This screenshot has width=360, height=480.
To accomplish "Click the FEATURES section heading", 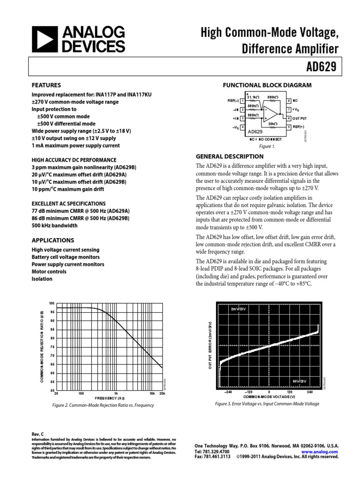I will click(x=46, y=85).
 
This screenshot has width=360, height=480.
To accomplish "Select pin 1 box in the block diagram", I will click(x=242, y=101).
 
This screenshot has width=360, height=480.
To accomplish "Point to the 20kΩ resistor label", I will click(x=273, y=123).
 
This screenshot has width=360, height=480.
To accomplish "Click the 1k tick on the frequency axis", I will click(x=116, y=394).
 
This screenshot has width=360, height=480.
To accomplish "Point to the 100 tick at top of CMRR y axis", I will click(x=52, y=304).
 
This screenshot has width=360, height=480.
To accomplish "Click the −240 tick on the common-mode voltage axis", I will click(x=228, y=392).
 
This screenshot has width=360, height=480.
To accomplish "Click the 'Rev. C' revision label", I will click(x=37, y=435).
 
